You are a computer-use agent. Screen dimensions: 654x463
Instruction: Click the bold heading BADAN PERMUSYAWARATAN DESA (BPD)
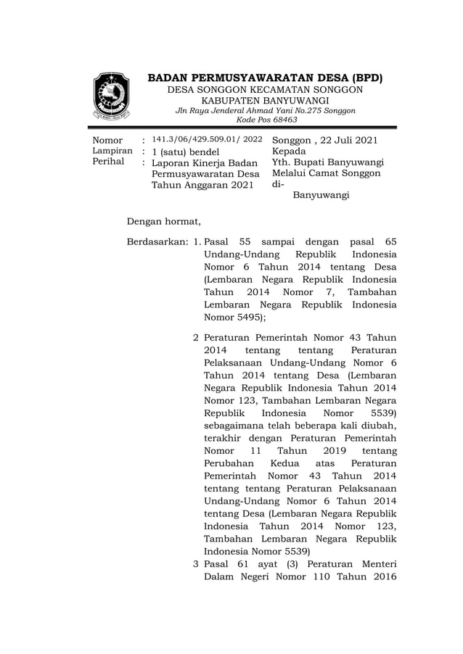(x=265, y=78)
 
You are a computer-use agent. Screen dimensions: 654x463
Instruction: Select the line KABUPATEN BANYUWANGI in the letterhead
(x=265, y=100)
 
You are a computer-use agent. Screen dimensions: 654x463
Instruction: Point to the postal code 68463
(x=282, y=120)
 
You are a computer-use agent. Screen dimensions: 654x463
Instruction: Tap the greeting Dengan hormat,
(x=163, y=220)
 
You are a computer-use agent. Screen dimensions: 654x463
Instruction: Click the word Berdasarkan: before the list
(x=158, y=241)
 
